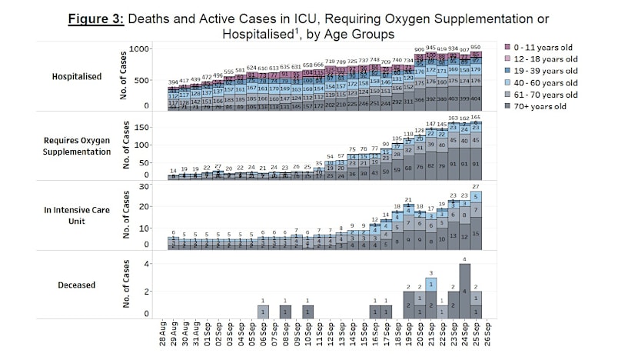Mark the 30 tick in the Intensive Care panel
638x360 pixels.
(143, 186)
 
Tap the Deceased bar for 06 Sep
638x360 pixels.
(261, 312)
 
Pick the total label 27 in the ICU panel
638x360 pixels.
(477, 187)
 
